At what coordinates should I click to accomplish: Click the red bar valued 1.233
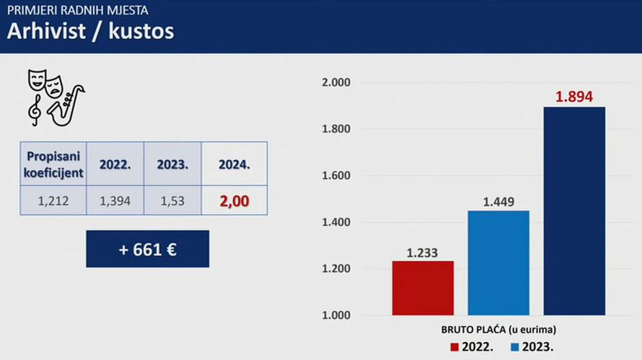423,288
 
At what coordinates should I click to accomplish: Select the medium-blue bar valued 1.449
498,263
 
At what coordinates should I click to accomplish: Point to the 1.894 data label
573,97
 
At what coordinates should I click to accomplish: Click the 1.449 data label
498,201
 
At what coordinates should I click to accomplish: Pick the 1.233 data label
423,253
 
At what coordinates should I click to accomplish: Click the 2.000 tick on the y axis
335,83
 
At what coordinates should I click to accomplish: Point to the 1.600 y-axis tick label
335,176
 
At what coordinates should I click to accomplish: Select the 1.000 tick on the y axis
335,315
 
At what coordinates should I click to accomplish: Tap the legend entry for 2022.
472,347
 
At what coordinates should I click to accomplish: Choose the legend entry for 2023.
533,347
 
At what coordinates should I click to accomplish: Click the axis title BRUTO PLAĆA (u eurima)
499,330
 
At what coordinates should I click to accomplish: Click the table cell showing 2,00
234,201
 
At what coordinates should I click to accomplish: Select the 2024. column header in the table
234,164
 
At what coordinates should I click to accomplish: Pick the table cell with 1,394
115,201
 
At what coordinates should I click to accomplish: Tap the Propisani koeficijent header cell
53,164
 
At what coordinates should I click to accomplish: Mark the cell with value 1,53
172,201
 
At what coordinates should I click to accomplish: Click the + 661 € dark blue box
147,249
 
